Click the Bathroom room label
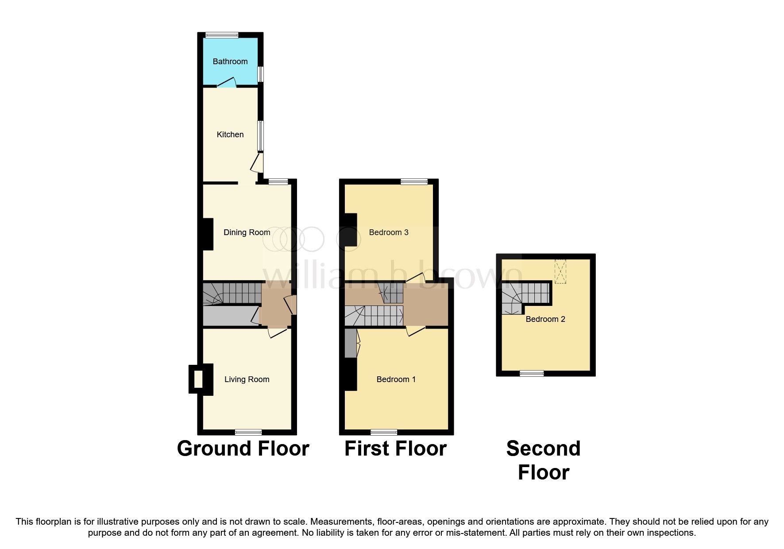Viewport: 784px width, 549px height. point(230,62)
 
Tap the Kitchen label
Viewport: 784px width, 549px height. point(230,135)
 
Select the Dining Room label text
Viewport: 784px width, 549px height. point(247,232)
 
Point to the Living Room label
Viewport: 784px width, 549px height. point(247,379)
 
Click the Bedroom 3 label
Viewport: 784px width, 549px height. point(388,232)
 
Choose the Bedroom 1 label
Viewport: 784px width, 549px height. point(396,379)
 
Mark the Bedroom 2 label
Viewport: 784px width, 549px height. point(545,319)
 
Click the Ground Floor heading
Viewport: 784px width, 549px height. point(243,448)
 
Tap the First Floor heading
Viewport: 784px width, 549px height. point(395,448)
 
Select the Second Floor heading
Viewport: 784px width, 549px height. point(543,460)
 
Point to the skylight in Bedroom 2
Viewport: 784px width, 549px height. point(560,271)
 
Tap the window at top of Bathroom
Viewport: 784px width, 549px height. point(222,35)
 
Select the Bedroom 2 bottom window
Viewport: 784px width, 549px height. point(532,374)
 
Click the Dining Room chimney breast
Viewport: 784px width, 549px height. point(208,234)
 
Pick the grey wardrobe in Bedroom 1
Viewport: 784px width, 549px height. point(350,343)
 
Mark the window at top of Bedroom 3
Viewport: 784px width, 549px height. point(414,182)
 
